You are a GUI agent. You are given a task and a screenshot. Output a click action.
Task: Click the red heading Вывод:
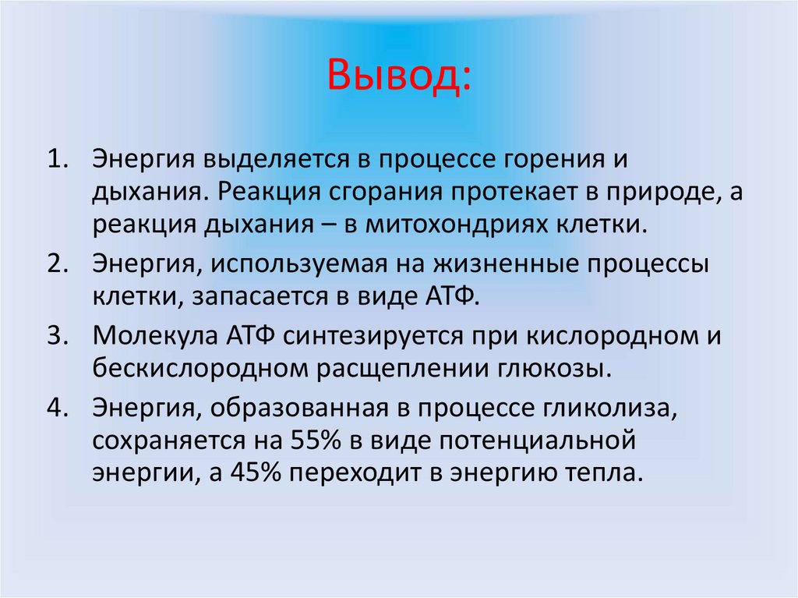(399, 76)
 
